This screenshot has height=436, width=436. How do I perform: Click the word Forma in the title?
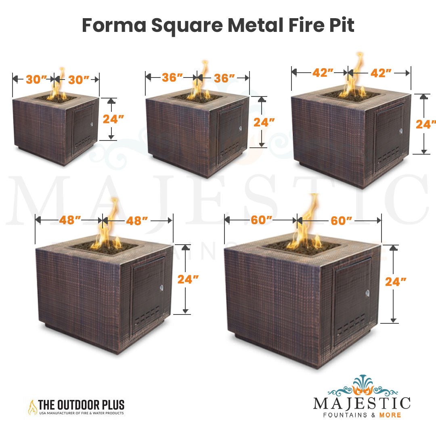pyautogui.click(x=114, y=25)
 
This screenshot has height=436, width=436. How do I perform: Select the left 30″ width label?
pyautogui.click(x=36, y=80)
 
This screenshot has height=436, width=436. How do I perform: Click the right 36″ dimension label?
pyautogui.click(x=224, y=78)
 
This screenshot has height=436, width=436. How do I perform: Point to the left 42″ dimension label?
pyautogui.click(x=323, y=73)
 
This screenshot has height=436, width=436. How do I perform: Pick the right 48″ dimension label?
pyautogui.click(x=137, y=221)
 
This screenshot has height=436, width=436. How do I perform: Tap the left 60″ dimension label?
pyautogui.click(x=261, y=220)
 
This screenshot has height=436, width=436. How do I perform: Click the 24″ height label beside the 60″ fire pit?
pyautogui.click(x=395, y=282)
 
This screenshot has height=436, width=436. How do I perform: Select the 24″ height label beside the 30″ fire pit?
pyautogui.click(x=113, y=119)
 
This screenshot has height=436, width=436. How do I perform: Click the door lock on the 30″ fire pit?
pyautogui.click(x=92, y=124)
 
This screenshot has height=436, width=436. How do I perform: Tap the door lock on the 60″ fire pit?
pyautogui.click(x=368, y=293)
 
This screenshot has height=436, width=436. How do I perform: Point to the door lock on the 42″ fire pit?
pyautogui.click(x=401, y=131)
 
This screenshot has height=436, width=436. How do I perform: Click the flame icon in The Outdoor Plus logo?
pyautogui.click(x=32, y=407)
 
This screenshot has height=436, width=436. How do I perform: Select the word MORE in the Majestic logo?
pyautogui.click(x=390, y=415)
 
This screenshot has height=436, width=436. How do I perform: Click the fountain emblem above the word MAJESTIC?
pyautogui.click(x=363, y=386)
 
